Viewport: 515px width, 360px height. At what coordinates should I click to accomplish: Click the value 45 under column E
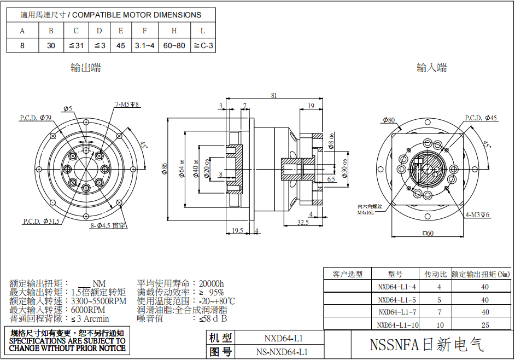click(120, 46)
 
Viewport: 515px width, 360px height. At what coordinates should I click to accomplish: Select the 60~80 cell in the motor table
click(174, 46)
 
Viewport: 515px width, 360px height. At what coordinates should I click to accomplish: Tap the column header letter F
click(144, 31)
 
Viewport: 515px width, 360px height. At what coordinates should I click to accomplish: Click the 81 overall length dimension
click(274, 95)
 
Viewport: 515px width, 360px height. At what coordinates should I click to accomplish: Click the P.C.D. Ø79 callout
click(36, 118)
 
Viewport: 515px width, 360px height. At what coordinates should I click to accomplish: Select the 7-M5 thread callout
click(127, 104)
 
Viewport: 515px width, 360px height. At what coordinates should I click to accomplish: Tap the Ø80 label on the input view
click(389, 119)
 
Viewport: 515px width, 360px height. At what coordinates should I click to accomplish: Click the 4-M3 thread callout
click(477, 214)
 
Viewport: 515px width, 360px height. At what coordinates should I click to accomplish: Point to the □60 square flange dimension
click(428, 234)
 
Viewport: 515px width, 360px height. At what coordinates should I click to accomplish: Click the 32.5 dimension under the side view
click(303, 223)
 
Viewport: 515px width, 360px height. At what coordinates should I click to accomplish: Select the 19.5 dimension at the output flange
click(237, 230)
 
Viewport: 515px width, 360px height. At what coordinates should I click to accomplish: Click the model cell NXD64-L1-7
click(397, 312)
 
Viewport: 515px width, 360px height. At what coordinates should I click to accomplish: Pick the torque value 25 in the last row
click(484, 325)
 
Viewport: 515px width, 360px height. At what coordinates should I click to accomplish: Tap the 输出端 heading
click(86, 68)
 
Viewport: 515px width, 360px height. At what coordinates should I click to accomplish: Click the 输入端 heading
click(432, 68)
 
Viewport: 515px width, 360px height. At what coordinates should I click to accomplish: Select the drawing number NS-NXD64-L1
click(283, 352)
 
